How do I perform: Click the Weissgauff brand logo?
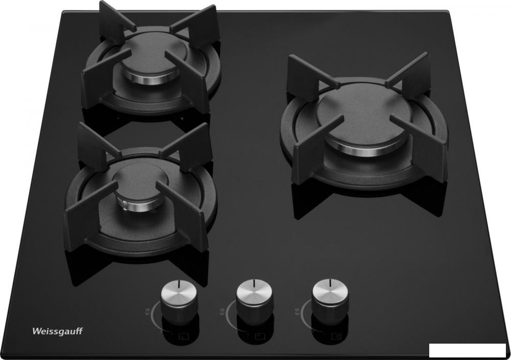point(57,331)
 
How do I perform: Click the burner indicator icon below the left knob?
point(184,336)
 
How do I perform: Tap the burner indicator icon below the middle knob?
point(260,336)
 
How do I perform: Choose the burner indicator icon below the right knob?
point(335,336)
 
